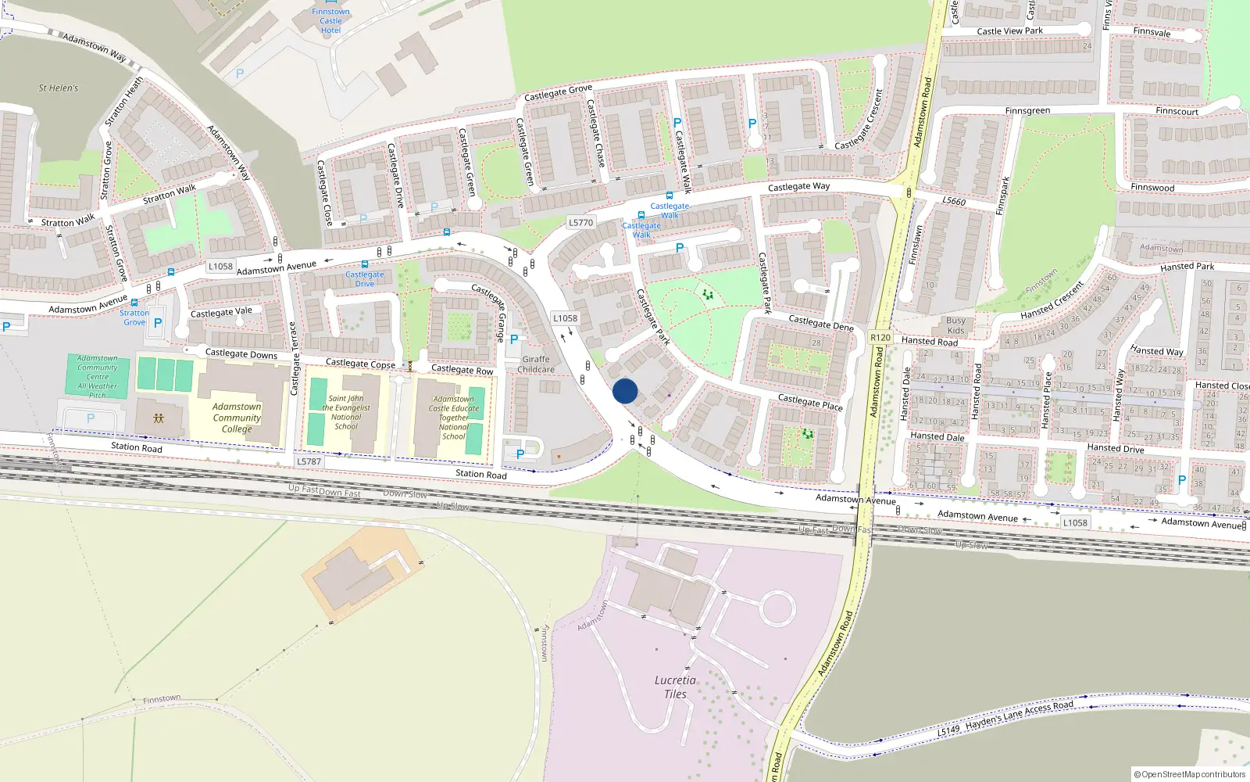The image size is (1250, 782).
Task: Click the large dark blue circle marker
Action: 625,391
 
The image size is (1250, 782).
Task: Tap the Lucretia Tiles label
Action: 675,687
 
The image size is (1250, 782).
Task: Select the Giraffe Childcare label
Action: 536,364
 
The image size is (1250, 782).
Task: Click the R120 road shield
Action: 880,338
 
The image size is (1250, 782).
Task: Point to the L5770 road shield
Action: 580,223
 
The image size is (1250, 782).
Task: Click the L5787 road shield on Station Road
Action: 309,461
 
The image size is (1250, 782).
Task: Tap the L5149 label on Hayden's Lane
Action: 948,730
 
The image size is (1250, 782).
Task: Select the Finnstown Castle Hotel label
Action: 330,21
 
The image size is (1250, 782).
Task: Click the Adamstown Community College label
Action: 237,418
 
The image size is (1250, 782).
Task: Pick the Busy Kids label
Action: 955,325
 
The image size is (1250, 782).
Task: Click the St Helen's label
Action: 59,88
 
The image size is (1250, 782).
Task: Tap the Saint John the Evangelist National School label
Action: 346,412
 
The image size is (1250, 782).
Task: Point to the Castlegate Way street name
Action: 798,187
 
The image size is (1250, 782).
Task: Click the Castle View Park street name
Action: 1009,31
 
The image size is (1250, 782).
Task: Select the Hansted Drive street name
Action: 1115,448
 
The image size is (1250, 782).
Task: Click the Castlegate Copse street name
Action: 360,364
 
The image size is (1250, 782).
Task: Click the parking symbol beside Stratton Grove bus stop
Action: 158,322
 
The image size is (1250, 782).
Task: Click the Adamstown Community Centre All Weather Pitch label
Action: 98,376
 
